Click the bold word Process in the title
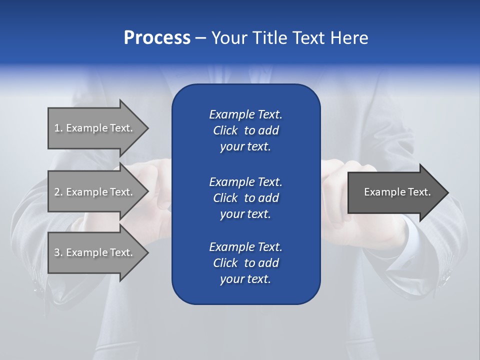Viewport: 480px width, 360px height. pyautogui.click(x=157, y=38)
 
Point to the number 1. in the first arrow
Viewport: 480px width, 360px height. pyautogui.click(x=58, y=128)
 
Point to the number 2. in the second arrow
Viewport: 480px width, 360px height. pyautogui.click(x=58, y=192)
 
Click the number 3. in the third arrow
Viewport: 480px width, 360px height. pyautogui.click(x=58, y=252)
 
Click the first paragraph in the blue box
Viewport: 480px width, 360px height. pyautogui.click(x=245, y=130)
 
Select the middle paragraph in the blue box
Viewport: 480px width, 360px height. pyautogui.click(x=245, y=197)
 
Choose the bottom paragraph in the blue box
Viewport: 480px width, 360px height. pyautogui.click(x=245, y=263)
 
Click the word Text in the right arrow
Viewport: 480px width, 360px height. pyautogui.click(x=418, y=192)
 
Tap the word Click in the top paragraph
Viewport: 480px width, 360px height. pyautogui.click(x=225, y=130)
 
